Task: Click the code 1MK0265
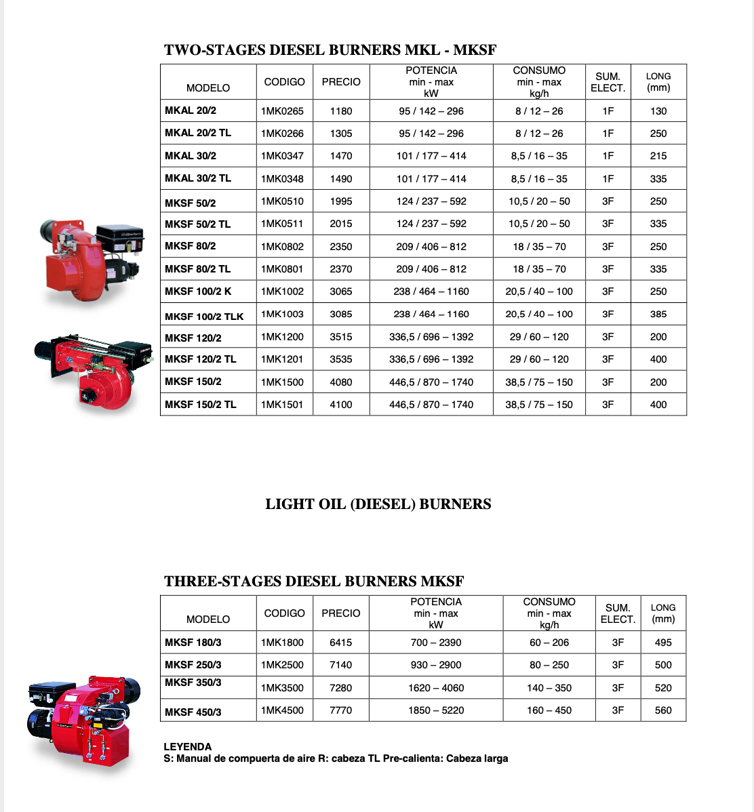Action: coord(282,110)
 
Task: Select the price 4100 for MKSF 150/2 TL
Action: coord(341,405)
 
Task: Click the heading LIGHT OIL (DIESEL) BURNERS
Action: coord(378,504)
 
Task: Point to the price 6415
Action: coord(341,643)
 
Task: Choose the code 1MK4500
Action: coord(282,710)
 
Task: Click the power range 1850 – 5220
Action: coord(436,710)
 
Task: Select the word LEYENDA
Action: coord(188,747)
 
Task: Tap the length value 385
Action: coord(658,314)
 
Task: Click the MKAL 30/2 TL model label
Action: coord(198,178)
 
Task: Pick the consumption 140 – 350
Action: coord(549,688)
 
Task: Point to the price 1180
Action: coord(341,111)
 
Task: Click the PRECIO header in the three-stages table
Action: coord(341,613)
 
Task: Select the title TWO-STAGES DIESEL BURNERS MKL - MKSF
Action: coord(330,50)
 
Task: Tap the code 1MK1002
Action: coord(282,291)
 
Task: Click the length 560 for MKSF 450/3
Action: coord(663,710)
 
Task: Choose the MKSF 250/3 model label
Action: coord(193,665)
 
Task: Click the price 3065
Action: coord(341,291)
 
